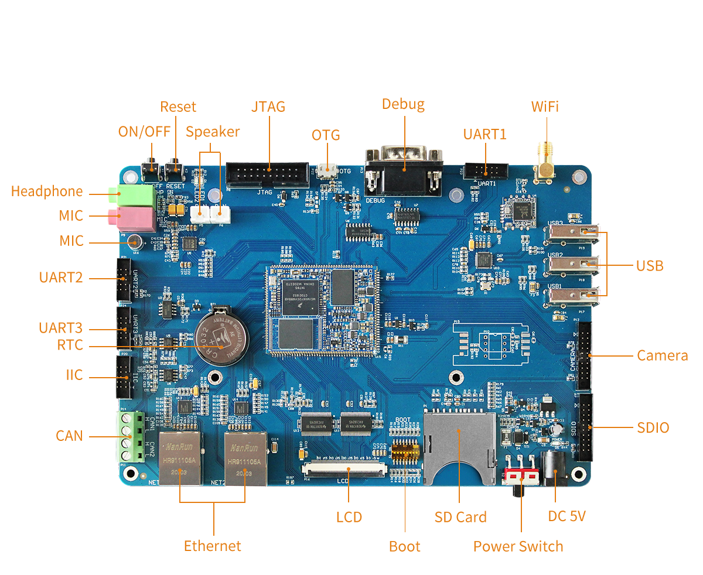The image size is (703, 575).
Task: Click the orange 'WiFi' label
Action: (544, 107)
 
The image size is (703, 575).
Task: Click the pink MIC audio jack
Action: (136, 219)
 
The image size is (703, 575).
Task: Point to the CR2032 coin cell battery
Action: (222, 334)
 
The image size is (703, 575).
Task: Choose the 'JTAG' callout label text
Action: (268, 107)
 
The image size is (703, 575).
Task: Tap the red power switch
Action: (521, 475)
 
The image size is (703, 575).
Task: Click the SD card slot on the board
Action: (459, 448)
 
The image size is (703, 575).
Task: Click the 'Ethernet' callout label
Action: (212, 546)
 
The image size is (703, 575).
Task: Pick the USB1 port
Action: (573, 295)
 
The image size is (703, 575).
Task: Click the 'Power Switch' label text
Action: (518, 546)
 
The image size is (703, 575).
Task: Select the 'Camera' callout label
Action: (662, 355)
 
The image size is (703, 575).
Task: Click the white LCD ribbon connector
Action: (344, 469)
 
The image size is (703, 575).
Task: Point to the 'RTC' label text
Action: (70, 345)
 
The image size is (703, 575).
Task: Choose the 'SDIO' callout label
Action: (653, 428)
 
